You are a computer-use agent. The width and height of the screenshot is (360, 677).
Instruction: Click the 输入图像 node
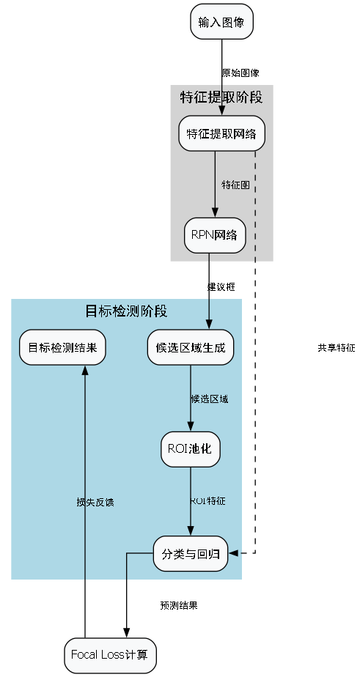click(221, 22)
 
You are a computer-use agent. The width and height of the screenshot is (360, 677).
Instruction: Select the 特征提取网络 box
click(221, 133)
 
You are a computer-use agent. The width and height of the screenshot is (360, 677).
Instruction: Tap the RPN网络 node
click(214, 235)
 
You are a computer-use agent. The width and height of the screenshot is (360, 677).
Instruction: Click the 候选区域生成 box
click(191, 347)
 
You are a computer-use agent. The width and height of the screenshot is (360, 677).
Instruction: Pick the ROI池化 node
click(191, 448)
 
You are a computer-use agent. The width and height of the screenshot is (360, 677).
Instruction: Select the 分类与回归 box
click(191, 554)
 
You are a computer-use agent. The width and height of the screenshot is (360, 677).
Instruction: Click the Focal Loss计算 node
click(109, 654)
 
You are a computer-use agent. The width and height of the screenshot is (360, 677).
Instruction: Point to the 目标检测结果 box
click(62, 347)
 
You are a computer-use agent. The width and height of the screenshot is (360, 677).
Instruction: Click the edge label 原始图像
click(240, 73)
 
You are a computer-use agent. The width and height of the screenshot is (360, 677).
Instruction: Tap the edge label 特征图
click(235, 185)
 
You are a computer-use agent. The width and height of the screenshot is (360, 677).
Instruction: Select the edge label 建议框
click(221, 287)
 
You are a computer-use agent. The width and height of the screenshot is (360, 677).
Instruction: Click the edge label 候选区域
click(210, 399)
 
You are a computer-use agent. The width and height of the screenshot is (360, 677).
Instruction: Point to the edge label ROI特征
click(208, 501)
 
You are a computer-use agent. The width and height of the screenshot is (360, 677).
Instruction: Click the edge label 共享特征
click(336, 348)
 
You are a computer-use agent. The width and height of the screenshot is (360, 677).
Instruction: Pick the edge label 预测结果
click(179, 605)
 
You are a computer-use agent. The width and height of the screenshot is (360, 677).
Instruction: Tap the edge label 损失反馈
click(95, 503)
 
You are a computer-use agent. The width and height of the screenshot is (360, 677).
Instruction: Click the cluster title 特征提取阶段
click(221, 97)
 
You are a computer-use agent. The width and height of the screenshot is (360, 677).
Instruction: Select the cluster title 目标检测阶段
click(127, 311)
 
